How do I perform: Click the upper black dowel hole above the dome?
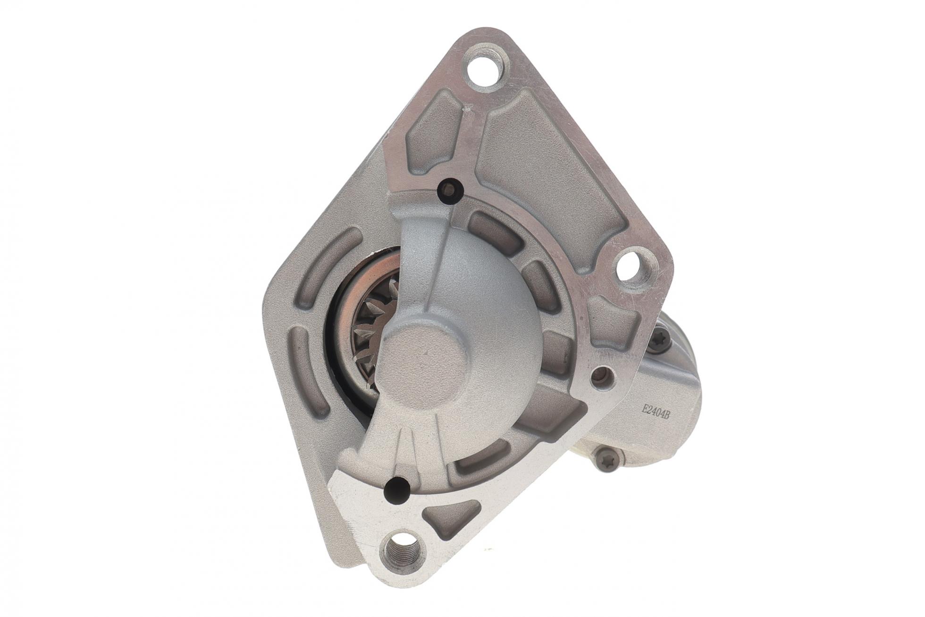point(450,190)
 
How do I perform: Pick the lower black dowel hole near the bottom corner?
point(396,491)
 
